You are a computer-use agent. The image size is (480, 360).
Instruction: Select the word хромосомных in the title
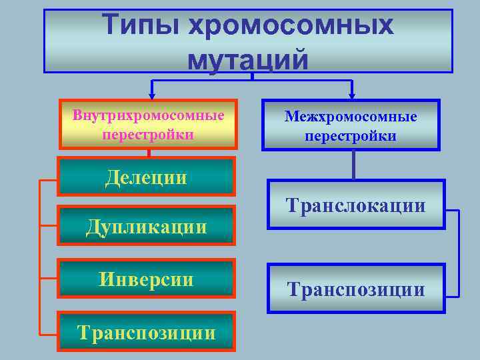[x=291, y=25]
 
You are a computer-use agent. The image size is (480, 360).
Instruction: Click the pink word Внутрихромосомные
[x=148, y=115]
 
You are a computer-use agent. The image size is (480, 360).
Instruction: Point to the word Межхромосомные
[x=351, y=117]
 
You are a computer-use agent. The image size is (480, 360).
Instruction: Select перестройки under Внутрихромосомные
[x=148, y=134]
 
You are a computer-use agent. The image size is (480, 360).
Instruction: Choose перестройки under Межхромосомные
[x=351, y=136]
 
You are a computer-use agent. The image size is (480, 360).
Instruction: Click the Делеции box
[x=147, y=177]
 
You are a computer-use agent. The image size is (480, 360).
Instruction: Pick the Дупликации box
[x=147, y=225]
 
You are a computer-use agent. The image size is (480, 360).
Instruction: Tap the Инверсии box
[x=147, y=278]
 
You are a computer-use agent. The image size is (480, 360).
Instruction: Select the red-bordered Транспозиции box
[x=147, y=331]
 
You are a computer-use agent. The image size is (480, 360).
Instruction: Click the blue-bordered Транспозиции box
[x=355, y=289]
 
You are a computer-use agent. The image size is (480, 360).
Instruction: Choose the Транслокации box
[x=355, y=205]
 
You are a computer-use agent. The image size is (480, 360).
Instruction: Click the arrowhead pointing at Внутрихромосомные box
[x=152, y=95]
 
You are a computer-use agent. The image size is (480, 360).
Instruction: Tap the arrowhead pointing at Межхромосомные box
[x=351, y=95]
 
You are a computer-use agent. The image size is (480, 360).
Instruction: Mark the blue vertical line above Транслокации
[x=353, y=165]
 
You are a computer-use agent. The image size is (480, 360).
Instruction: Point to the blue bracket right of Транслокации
[x=459, y=253]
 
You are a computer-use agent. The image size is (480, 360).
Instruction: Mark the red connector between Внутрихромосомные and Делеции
[x=149, y=153]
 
